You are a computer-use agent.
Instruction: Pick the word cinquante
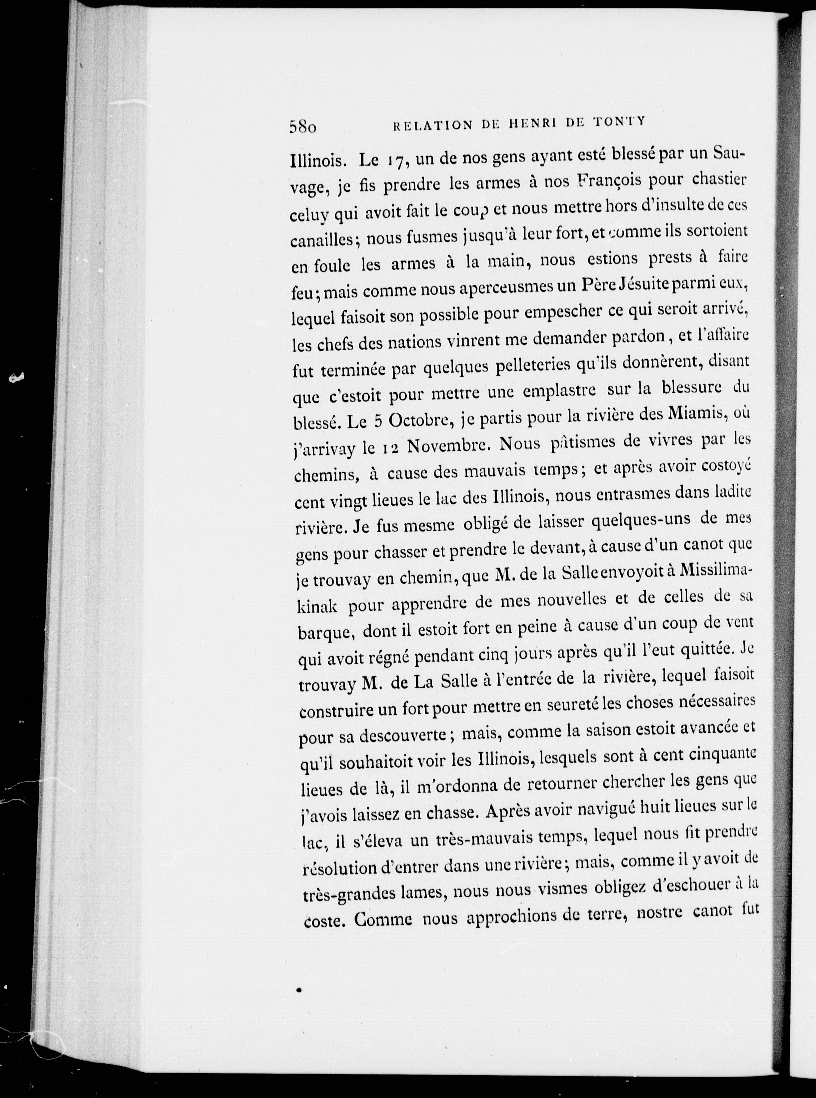click(720, 754)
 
